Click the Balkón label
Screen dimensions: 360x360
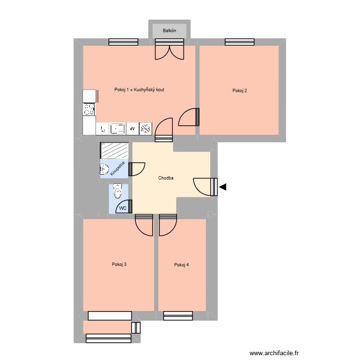(x=169, y=31)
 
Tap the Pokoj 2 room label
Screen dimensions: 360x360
(x=240, y=90)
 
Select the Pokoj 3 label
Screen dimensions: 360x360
(x=119, y=264)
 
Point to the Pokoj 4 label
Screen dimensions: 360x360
(x=181, y=265)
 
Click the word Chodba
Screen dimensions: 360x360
(x=166, y=178)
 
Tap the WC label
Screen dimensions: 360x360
(x=122, y=208)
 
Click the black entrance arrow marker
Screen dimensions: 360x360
(x=222, y=187)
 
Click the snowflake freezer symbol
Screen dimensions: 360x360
(x=145, y=129)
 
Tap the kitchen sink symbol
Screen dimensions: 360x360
(x=117, y=129)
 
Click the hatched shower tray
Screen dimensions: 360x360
(x=114, y=150)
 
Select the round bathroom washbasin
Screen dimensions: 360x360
(x=104, y=169)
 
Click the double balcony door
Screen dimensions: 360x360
(x=169, y=50)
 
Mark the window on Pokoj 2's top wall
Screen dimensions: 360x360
(x=240, y=42)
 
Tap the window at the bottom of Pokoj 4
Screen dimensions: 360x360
(x=178, y=315)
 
